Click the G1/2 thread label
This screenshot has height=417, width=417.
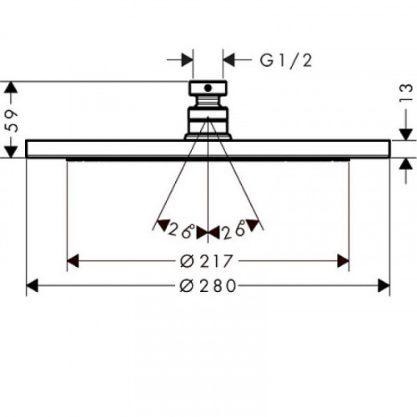[286, 61]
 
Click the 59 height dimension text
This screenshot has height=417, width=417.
[13, 120]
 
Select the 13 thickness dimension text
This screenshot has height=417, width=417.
[406, 93]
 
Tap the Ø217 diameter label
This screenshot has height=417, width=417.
[206, 261]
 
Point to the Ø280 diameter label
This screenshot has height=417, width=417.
[208, 286]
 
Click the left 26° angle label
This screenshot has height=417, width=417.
[181, 229]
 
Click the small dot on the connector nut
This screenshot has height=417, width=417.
[208, 88]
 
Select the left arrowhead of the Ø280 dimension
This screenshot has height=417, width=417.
[33, 286]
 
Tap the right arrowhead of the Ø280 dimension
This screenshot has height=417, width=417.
[384, 286]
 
